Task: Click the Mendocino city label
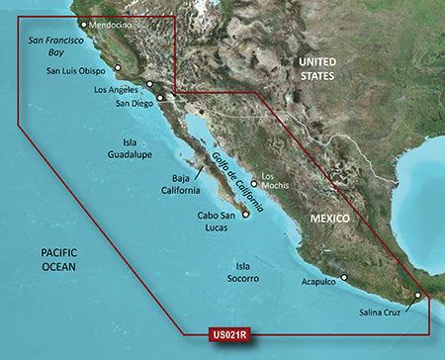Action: (112, 25)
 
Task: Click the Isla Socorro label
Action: (240, 274)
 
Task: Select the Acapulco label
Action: (321, 281)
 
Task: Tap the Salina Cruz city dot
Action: (417, 295)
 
